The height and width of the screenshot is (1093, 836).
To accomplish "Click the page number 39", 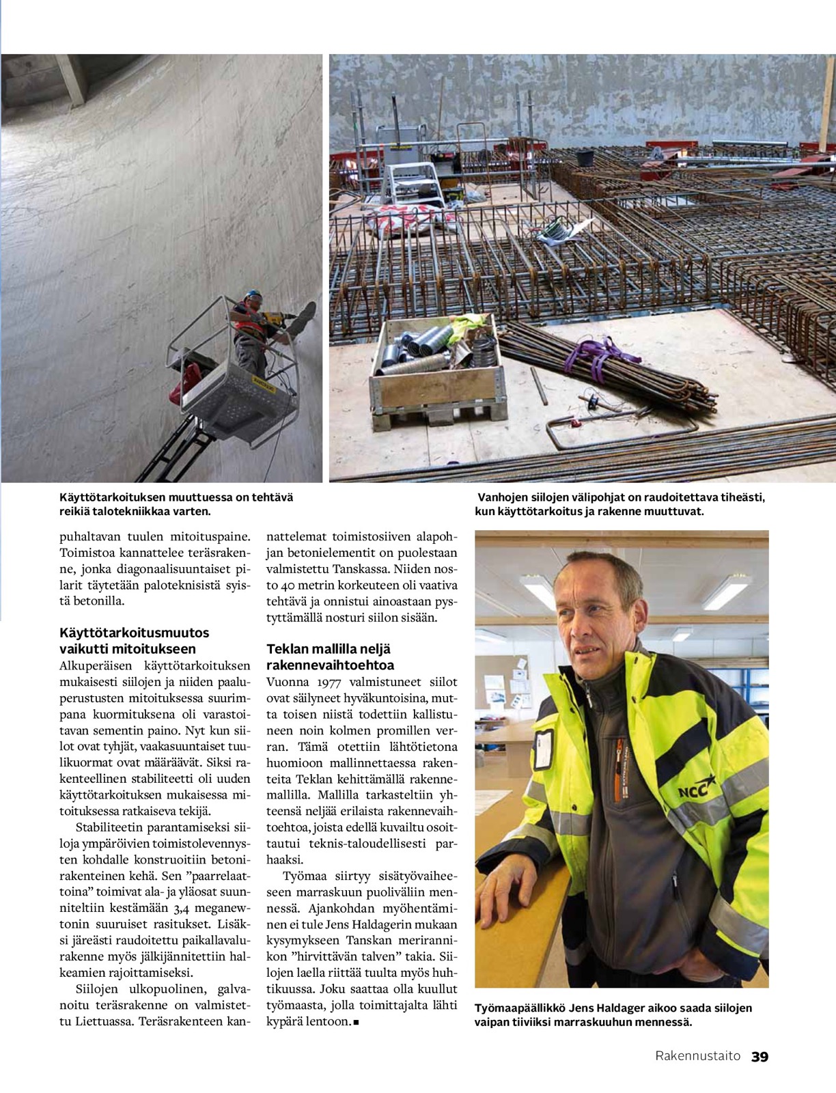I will pyautogui.click(x=760, y=1056).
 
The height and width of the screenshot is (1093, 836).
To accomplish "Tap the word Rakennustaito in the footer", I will pyautogui.click(x=697, y=1056).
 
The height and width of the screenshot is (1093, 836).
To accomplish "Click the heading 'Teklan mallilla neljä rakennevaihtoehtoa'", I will pyautogui.click(x=331, y=656).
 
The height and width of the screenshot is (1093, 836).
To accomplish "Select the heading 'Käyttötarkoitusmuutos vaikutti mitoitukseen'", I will pyautogui.click(x=135, y=641).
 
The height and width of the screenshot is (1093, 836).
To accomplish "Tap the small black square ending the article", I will pyautogui.click(x=357, y=1023).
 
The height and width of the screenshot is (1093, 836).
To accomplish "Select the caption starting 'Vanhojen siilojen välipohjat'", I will pyautogui.click(x=621, y=504).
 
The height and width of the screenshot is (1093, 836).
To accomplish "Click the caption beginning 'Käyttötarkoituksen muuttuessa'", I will pyautogui.click(x=176, y=504).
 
